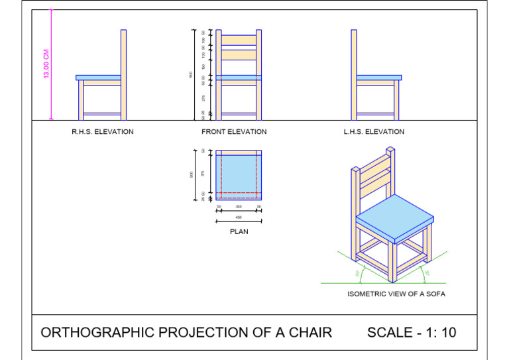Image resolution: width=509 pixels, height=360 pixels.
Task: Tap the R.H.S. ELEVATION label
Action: tap(103, 132)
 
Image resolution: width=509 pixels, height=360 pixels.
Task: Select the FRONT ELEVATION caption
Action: tap(234, 132)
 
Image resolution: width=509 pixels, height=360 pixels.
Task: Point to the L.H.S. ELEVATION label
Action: tap(374, 132)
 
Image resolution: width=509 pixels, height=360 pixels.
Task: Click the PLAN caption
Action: tap(239, 232)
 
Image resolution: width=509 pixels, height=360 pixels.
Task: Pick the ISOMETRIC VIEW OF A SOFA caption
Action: tap(396, 294)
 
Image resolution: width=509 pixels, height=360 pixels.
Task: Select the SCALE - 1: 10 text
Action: tap(412, 332)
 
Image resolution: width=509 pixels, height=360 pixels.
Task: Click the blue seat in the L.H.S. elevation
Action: tap(378, 78)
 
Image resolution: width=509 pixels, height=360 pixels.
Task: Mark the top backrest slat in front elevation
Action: tap(239, 38)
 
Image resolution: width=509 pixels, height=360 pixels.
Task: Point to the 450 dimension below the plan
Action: tap(239, 217)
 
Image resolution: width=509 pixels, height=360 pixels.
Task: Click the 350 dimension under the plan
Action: tap(239, 207)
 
